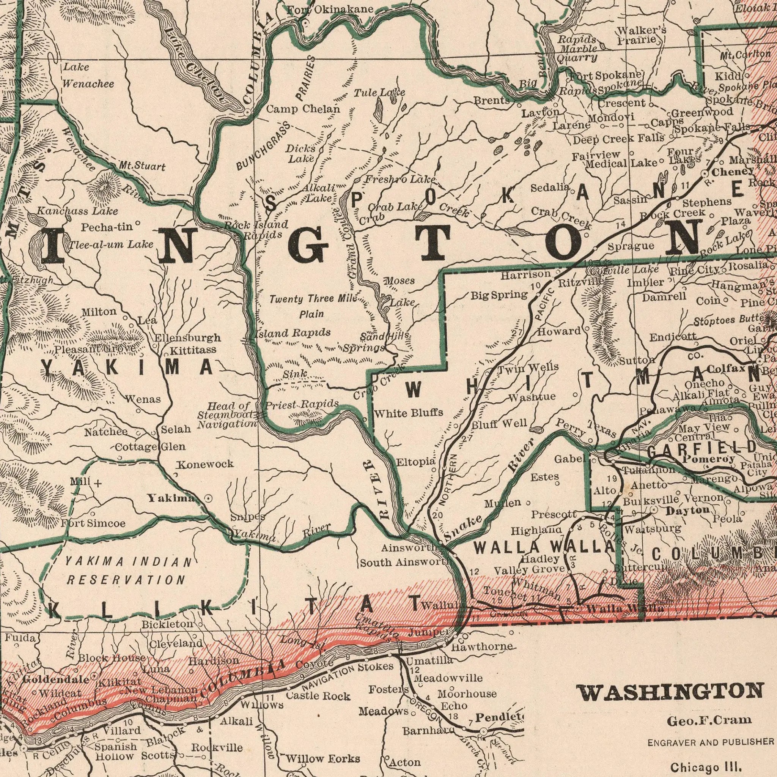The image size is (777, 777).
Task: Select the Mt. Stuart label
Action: [x=142, y=166]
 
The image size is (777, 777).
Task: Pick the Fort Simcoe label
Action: [x=93, y=523]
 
